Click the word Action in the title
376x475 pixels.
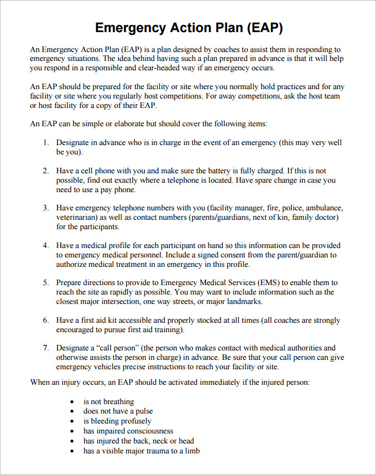click(185, 28)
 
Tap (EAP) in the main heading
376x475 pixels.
click(264, 28)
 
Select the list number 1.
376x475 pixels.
click(46, 142)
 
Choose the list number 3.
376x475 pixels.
click(46, 208)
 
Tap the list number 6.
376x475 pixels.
click(46, 320)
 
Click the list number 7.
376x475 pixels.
click(46, 348)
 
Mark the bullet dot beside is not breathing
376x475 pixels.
click(72, 402)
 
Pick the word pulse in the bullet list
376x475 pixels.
click(143, 411)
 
